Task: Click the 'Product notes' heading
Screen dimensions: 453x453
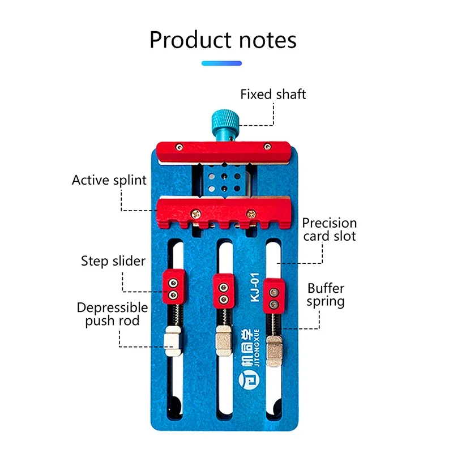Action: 223,40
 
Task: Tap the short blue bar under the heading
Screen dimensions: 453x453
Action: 221,63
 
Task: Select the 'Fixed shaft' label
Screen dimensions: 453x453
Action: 273,94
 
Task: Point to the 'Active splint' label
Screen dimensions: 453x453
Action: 109,181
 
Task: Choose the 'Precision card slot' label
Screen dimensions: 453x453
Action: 329,229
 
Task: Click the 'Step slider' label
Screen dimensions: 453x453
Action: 113,261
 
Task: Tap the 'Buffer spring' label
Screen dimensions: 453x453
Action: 326,295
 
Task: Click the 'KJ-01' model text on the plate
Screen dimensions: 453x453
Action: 254,289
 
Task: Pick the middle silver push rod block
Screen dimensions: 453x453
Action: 222,342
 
